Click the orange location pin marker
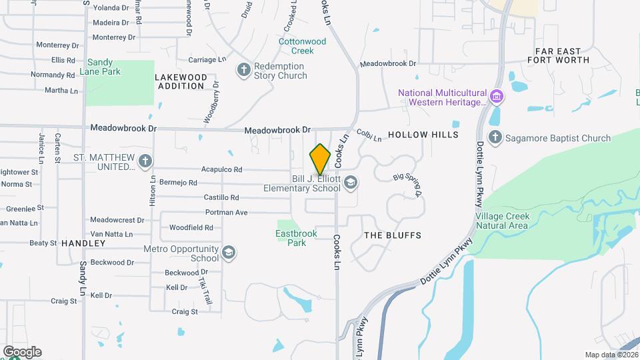[321, 159]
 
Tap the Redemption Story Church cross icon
[244, 69]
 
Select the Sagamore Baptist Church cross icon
[495, 138]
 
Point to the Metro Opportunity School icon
[228, 252]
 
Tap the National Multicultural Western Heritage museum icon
[496, 97]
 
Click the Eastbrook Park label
[291, 238]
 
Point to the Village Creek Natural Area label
[502, 221]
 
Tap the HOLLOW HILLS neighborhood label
[423, 135]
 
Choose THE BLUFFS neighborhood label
[393, 235]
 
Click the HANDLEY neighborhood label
[83, 244]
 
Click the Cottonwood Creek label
[303, 46]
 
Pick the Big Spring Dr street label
[407, 185]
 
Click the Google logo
[22, 352]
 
